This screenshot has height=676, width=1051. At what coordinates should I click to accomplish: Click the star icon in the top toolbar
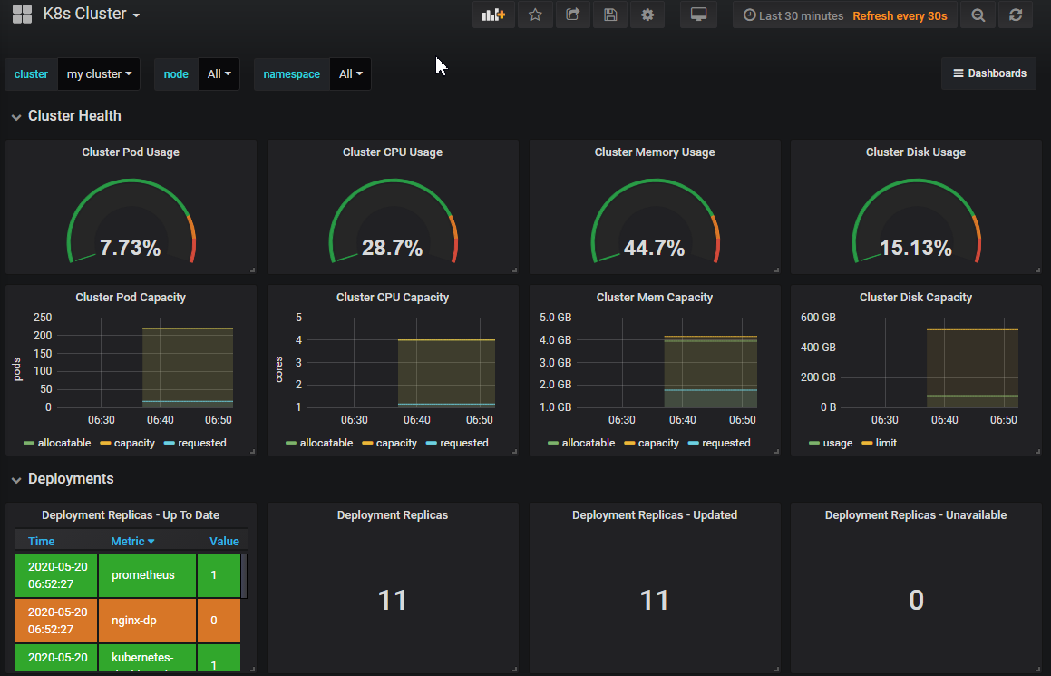(x=535, y=15)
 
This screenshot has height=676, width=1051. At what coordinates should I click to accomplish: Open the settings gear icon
(x=647, y=15)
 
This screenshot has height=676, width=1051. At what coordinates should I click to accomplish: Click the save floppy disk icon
(x=610, y=15)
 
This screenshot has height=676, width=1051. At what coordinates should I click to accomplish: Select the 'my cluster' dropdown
(x=99, y=74)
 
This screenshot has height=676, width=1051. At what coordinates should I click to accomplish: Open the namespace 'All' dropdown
(x=350, y=74)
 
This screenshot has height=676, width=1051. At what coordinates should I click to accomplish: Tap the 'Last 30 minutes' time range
(x=793, y=15)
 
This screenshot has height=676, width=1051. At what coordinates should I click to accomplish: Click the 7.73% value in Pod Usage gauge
(x=131, y=248)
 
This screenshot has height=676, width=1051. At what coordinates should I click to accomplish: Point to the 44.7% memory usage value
(x=654, y=248)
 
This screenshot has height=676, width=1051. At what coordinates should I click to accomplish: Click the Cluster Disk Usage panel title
(x=915, y=152)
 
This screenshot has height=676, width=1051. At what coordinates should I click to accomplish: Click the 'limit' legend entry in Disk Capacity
(x=885, y=443)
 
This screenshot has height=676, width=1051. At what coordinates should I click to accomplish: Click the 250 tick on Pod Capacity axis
(x=43, y=318)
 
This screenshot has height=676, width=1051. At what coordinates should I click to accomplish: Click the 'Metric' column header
(x=132, y=541)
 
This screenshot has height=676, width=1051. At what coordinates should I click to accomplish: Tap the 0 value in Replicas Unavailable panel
(x=915, y=601)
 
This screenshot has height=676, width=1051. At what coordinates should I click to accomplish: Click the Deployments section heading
(x=71, y=478)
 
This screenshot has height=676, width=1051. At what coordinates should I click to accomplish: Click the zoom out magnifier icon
(x=978, y=15)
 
